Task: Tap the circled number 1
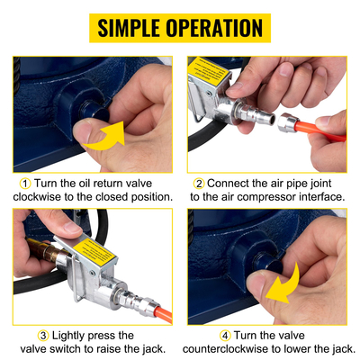click(x=22, y=183)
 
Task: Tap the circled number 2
click(x=200, y=183)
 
